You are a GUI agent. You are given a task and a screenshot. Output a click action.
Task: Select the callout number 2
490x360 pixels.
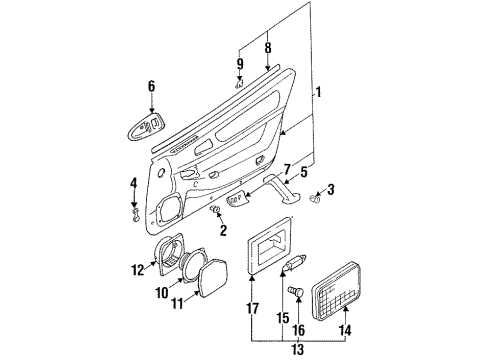coord(223,230)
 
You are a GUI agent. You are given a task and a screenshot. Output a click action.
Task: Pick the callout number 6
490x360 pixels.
coord(150,86)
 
